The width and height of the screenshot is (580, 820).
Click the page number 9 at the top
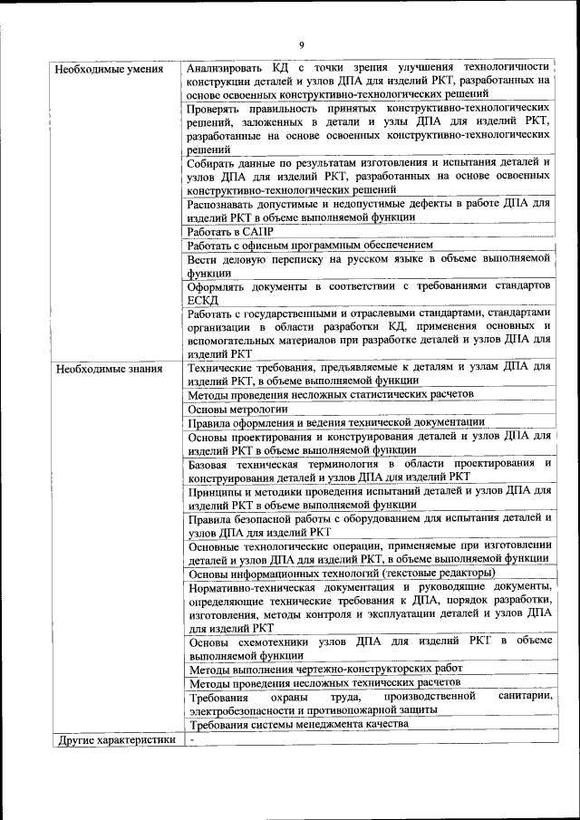point(302,45)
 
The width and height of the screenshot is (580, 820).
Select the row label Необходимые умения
point(109,69)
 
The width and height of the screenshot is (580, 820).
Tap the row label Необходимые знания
point(109,369)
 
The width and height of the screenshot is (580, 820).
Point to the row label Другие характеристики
point(116,739)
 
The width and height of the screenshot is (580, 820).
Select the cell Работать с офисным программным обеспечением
point(310,245)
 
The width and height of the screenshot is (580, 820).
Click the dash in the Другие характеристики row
point(192,739)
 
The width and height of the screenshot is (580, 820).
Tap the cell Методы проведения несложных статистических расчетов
point(330,395)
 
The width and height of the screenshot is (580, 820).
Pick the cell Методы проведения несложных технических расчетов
point(324,681)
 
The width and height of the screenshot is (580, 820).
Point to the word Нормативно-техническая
point(247,586)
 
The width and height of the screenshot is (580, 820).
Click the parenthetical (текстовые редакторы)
point(439,573)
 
